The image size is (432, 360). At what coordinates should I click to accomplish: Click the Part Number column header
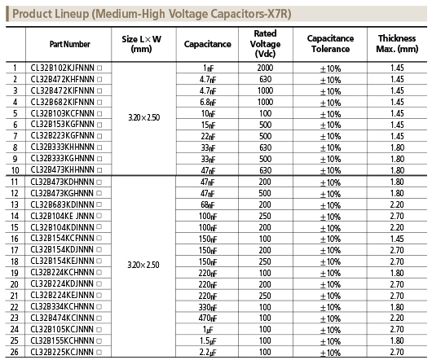click(70, 44)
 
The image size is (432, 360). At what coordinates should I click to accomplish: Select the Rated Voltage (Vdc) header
click(265, 44)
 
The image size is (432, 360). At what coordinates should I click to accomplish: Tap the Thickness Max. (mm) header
click(397, 44)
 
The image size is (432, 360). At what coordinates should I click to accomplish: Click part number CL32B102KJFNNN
click(62, 68)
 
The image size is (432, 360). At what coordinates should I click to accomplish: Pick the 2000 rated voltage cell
click(265, 68)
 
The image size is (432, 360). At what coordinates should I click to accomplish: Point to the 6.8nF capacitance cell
click(208, 102)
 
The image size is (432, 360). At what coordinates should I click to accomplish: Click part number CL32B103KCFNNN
click(62, 113)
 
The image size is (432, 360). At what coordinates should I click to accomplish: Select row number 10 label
click(15, 170)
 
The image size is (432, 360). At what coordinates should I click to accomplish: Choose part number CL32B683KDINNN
click(62, 204)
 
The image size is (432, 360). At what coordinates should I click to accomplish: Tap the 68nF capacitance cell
click(208, 204)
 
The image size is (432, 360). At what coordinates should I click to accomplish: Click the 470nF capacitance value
click(208, 318)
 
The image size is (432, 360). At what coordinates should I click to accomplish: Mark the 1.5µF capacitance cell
click(208, 341)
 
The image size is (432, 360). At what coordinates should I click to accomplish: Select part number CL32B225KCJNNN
click(62, 352)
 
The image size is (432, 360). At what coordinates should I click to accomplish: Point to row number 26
click(15, 352)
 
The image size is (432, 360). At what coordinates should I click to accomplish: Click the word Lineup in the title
click(72, 14)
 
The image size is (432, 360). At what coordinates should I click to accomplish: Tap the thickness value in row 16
click(397, 239)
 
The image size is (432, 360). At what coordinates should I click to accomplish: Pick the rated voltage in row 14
click(265, 216)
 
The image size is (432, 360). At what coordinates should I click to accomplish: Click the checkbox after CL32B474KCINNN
click(99, 318)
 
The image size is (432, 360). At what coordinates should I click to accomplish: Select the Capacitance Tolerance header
click(330, 44)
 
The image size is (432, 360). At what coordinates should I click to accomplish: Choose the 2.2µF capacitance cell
click(208, 353)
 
